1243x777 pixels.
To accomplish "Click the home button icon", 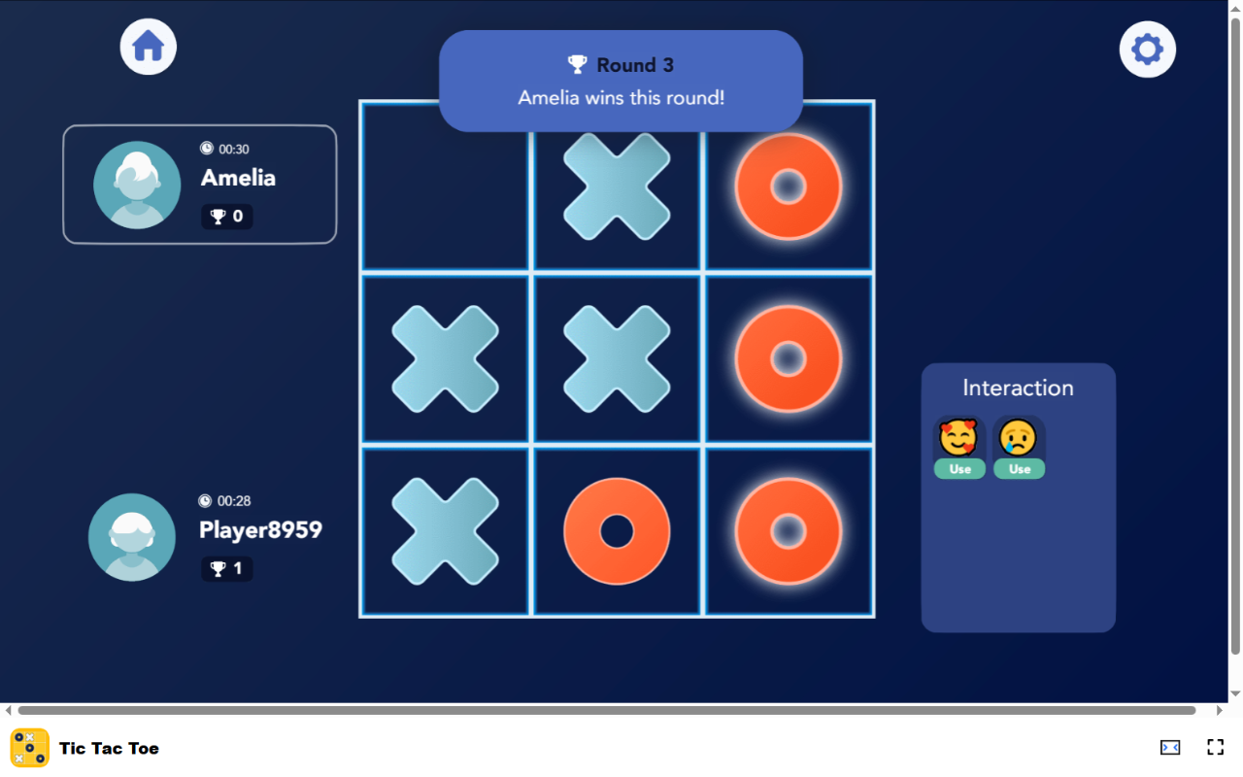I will (x=149, y=47).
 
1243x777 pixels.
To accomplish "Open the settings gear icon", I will (x=1147, y=50).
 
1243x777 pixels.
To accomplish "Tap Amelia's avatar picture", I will (x=137, y=185).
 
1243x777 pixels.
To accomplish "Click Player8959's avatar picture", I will (x=132, y=537).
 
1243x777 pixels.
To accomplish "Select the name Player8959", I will (x=260, y=530).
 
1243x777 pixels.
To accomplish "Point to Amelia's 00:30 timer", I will (x=225, y=149).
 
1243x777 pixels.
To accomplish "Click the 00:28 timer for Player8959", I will (x=225, y=501).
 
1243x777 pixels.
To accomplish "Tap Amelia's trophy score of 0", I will (x=227, y=217).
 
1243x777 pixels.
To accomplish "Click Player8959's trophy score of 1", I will (x=227, y=569).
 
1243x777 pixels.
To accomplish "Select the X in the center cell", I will (x=617, y=358).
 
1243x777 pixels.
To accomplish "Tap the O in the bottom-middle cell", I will (x=617, y=531).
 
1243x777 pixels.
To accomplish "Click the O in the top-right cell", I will (x=789, y=186).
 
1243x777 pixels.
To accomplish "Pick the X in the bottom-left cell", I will (x=446, y=531).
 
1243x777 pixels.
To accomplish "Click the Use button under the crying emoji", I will (x=1019, y=469).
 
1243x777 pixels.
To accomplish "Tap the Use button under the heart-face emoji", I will (x=959, y=469).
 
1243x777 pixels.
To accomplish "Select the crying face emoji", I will (x=1019, y=438).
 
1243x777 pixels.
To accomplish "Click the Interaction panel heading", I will (x=1018, y=388).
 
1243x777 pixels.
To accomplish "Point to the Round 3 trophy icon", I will (x=578, y=65).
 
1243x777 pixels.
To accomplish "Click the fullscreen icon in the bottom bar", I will (x=1215, y=747).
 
